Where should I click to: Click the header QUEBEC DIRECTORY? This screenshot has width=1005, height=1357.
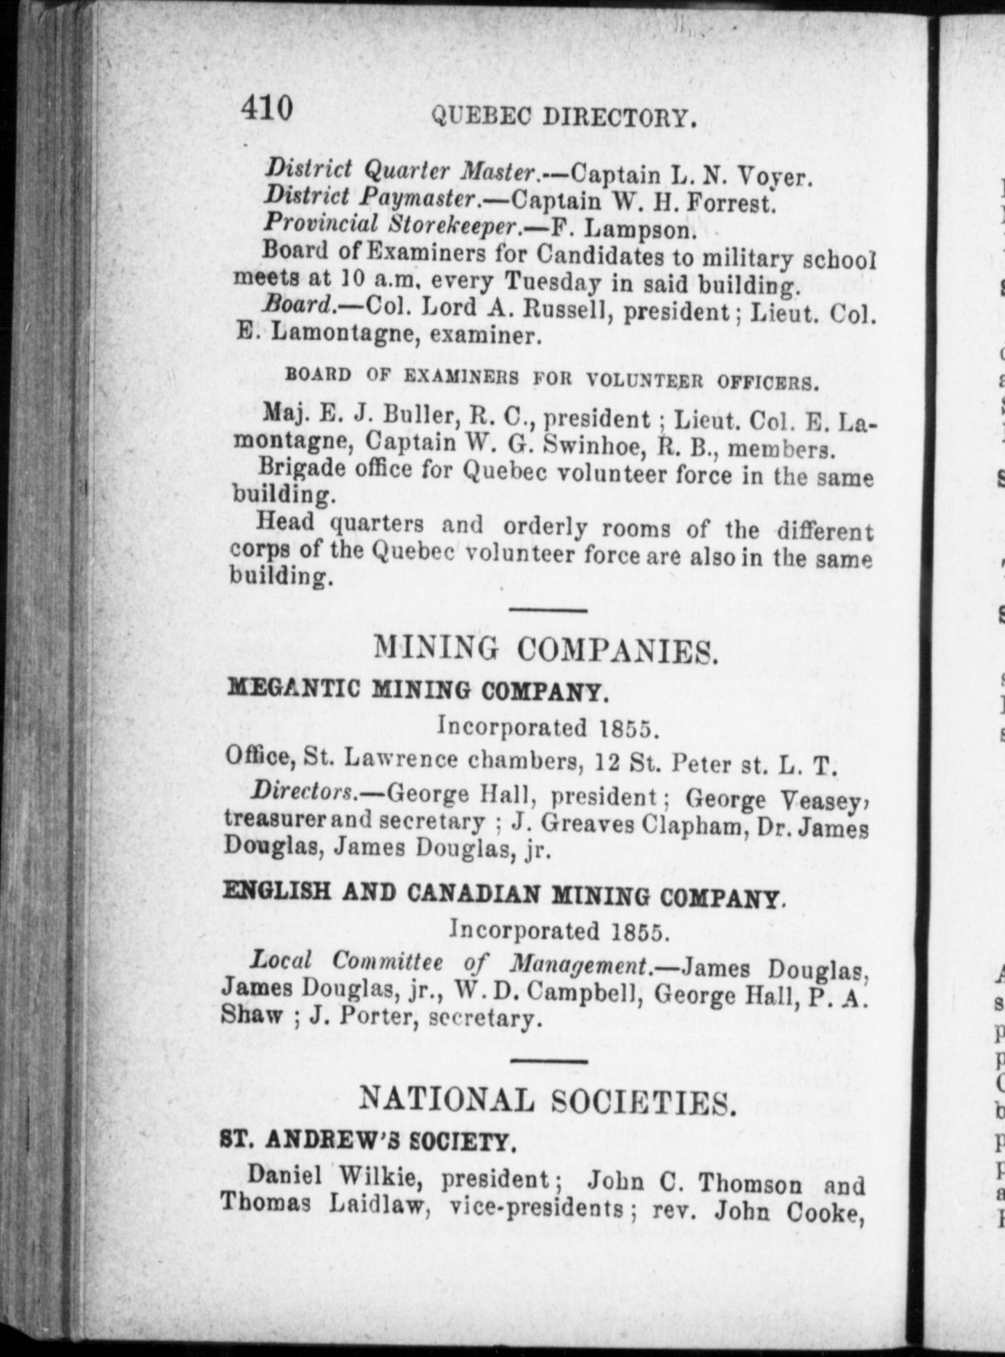[565, 118]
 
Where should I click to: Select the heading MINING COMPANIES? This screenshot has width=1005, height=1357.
[546, 647]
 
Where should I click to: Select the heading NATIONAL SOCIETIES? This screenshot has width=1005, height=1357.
[547, 1101]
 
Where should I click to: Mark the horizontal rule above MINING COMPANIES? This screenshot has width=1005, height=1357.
[548, 609]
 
